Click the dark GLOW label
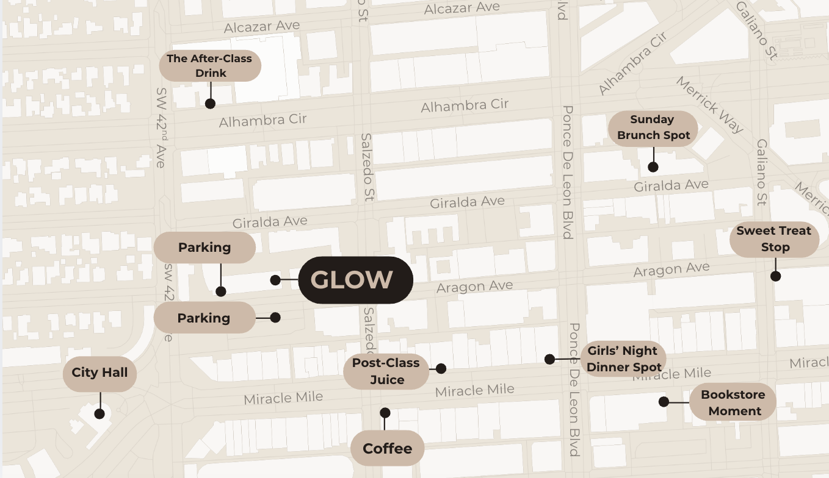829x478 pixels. [x=355, y=280]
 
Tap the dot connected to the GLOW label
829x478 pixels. [x=275, y=280]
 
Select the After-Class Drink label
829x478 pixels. [x=210, y=66]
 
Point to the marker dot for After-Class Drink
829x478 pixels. [x=210, y=104]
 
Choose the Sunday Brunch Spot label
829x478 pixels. [x=653, y=127]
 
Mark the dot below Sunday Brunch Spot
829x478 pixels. [x=653, y=167]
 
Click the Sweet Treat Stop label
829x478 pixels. [x=773, y=239]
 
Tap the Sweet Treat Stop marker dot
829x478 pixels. [x=775, y=276]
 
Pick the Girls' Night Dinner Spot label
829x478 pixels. [x=623, y=359]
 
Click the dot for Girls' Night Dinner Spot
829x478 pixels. [x=549, y=359]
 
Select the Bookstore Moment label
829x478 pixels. [x=733, y=402]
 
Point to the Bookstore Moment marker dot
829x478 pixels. [x=664, y=402]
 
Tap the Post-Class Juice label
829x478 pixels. [x=386, y=371]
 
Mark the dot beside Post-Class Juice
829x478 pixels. [x=441, y=368]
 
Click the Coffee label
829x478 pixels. [x=387, y=449]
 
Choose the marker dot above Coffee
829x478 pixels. [x=385, y=413]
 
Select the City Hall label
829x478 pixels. [x=100, y=373]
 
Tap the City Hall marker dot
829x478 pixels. [x=100, y=414]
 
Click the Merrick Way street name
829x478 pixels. [x=710, y=105]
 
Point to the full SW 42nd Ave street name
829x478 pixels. [x=161, y=127]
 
